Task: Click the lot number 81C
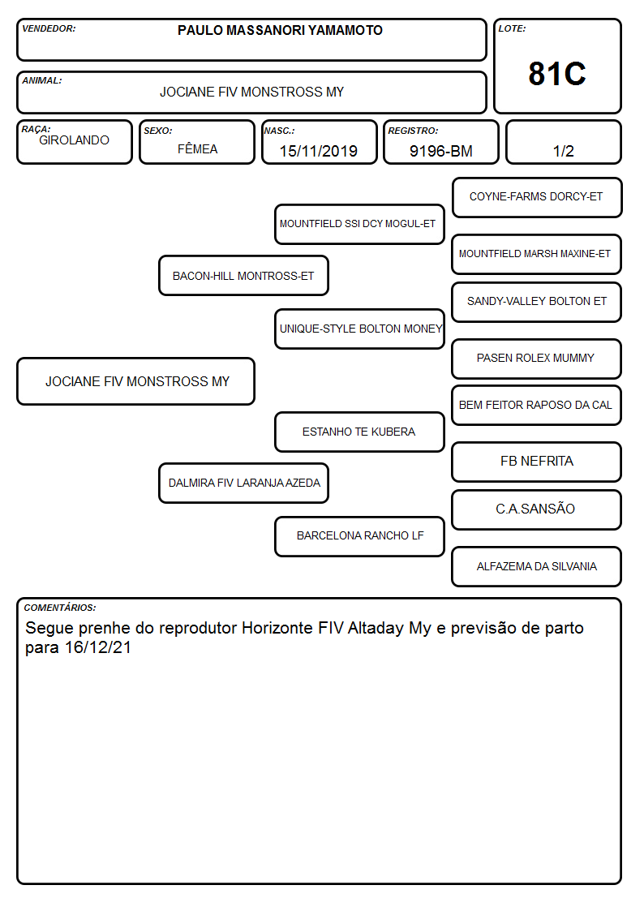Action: click(557, 74)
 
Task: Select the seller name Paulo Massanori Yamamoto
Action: click(280, 30)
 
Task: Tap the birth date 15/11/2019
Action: click(318, 151)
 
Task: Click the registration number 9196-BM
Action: click(440, 151)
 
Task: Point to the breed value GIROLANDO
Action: click(75, 140)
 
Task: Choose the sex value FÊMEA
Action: click(197, 148)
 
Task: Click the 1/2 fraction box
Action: click(563, 142)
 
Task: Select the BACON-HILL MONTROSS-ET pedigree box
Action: click(243, 275)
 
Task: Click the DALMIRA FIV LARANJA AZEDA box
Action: click(243, 483)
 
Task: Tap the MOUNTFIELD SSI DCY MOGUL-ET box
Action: click(359, 224)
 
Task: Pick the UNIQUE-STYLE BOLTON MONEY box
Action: click(359, 329)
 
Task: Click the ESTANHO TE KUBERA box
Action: click(359, 432)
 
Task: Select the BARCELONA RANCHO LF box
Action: click(359, 535)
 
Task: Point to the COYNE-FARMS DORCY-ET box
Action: click(537, 198)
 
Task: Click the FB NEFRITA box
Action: click(537, 462)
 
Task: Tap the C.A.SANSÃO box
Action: click(537, 509)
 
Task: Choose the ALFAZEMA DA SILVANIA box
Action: click(537, 566)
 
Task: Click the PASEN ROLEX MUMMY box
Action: click(537, 359)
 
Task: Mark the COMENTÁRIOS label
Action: click(60, 608)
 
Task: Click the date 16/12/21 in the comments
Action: click(98, 647)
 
